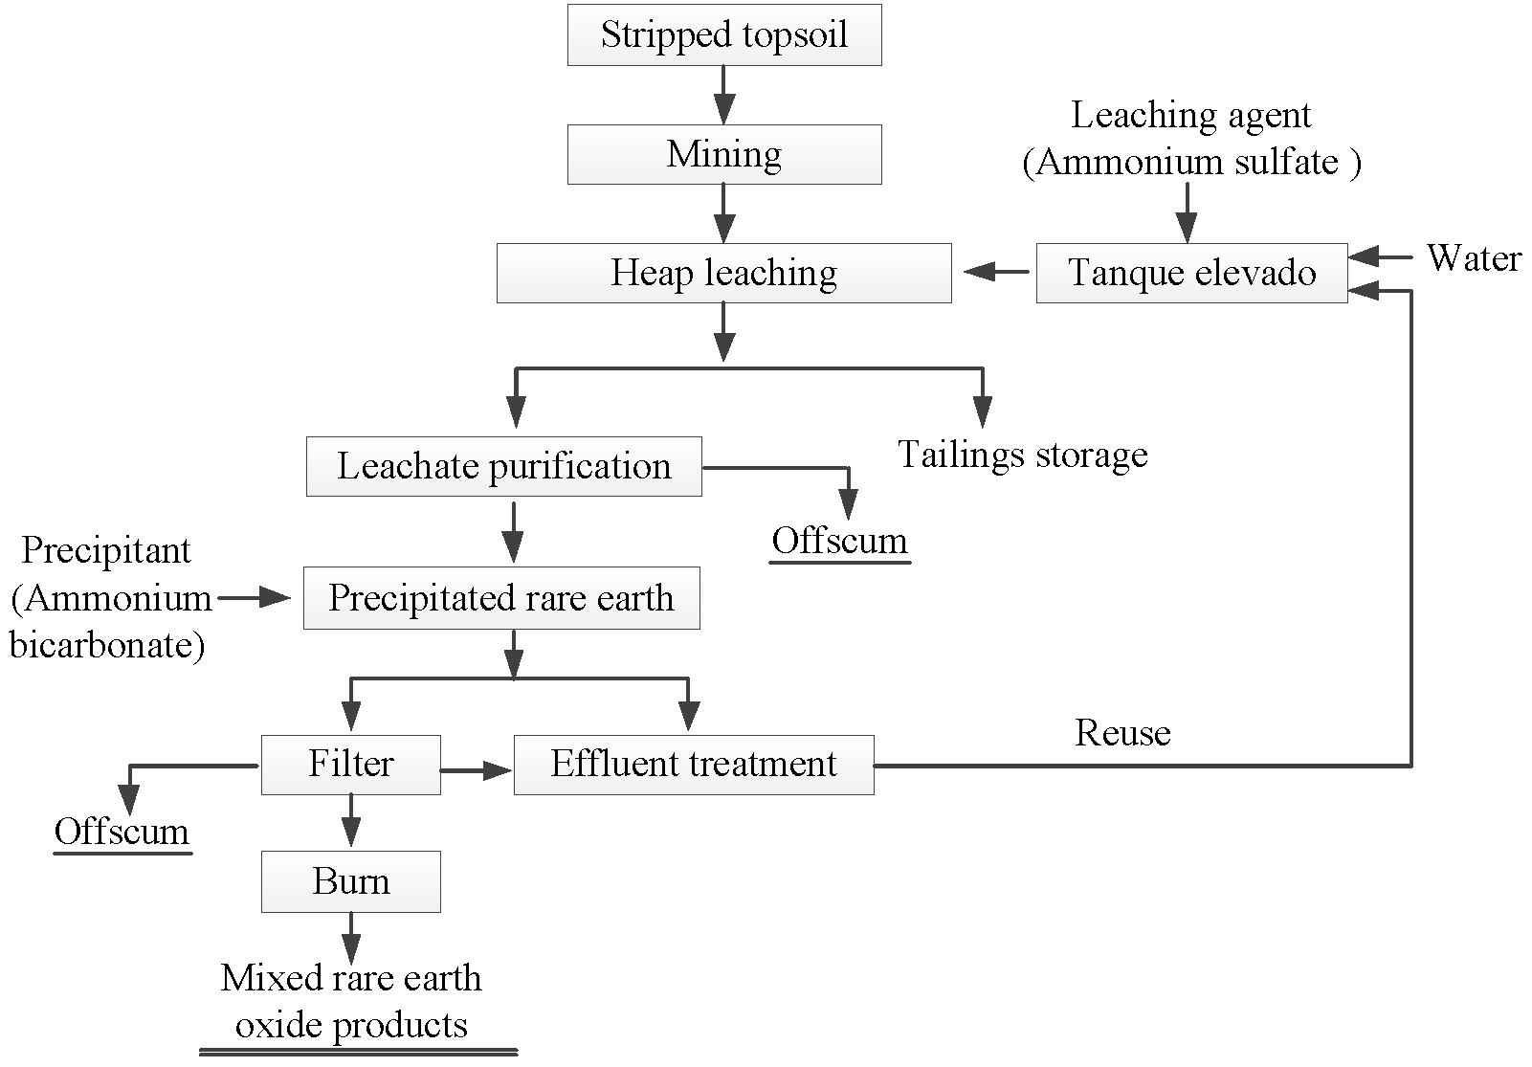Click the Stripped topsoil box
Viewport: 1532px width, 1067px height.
click(x=723, y=35)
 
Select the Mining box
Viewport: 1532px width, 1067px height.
click(x=723, y=154)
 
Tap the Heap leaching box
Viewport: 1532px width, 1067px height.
click(x=723, y=274)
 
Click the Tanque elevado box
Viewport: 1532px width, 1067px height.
click(x=1191, y=274)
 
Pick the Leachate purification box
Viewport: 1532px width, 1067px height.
click(x=503, y=467)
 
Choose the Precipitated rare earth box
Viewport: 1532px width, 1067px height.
click(x=501, y=599)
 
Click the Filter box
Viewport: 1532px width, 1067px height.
click(x=350, y=765)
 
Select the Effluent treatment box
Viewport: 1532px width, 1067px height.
click(x=694, y=765)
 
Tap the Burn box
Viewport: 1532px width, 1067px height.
click(x=350, y=881)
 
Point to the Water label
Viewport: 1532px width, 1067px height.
click(x=1473, y=258)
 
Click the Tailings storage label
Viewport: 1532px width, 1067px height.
click(x=1022, y=455)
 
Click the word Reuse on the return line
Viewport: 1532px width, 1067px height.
click(x=1122, y=733)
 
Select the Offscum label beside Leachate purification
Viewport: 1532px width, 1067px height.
click(x=839, y=542)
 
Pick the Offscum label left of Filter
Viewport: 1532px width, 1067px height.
click(x=122, y=832)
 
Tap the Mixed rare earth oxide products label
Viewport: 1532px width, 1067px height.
click(x=351, y=1002)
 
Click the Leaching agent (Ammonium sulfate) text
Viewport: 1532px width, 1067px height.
click(x=1191, y=139)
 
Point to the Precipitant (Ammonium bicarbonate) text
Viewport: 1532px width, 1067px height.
click(x=107, y=598)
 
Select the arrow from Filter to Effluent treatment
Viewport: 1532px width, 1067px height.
click(x=477, y=769)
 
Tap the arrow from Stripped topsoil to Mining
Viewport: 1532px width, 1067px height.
click(x=723, y=94)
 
